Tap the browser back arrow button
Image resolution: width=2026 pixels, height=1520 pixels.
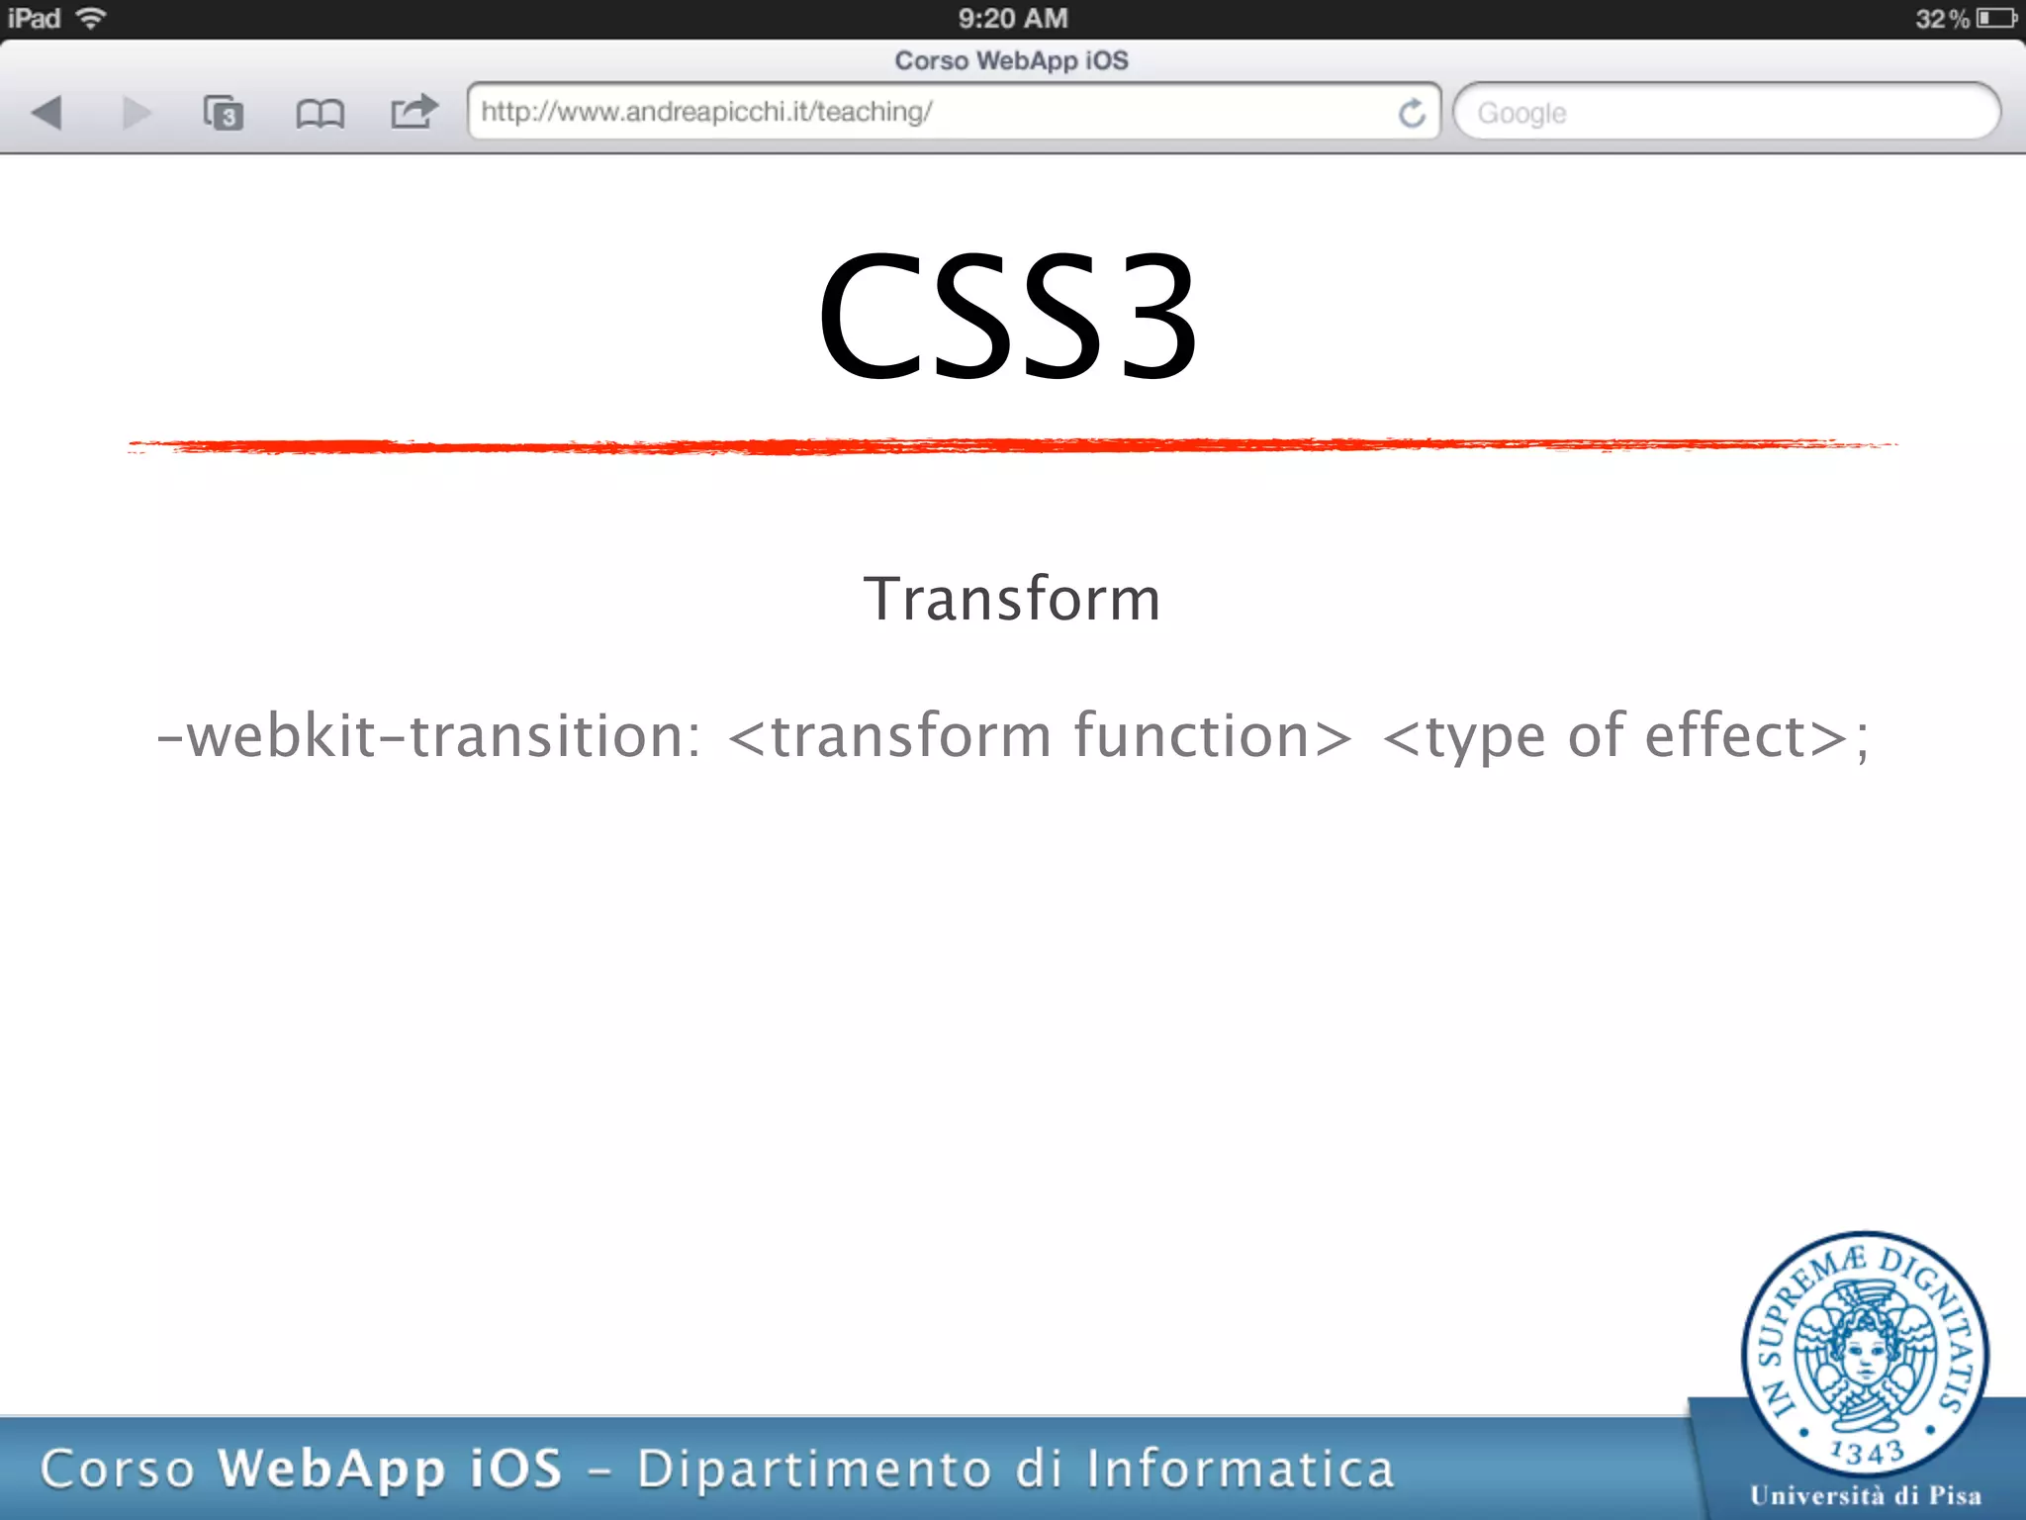(x=47, y=113)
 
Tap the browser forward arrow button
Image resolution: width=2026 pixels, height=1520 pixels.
(x=137, y=113)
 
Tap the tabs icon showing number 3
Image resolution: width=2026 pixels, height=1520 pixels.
(x=224, y=113)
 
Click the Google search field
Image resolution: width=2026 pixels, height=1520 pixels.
(x=1725, y=113)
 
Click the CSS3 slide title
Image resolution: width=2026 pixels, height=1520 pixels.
(x=1008, y=316)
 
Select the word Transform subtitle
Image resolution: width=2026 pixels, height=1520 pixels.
(x=1012, y=599)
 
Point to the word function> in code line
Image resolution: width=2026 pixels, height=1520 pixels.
(x=1213, y=736)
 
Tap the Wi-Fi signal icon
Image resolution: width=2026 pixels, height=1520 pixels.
(x=91, y=18)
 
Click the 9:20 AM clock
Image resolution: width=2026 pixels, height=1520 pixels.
(x=1013, y=19)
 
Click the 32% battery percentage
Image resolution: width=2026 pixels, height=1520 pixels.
(x=1941, y=19)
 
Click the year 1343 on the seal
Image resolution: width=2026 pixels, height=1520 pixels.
(x=1867, y=1453)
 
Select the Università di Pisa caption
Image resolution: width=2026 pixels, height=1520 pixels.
(x=1866, y=1495)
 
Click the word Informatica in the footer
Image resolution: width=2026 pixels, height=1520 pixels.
(x=1241, y=1469)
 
